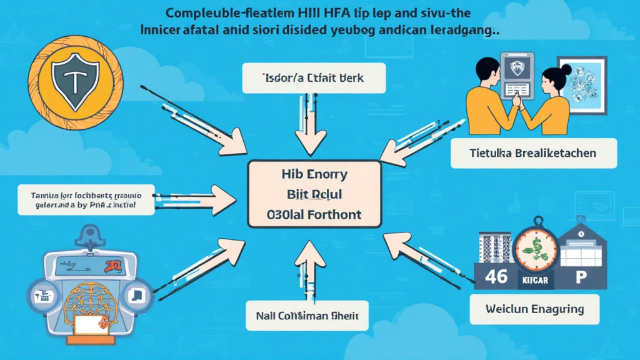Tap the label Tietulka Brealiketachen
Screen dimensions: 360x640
(533, 153)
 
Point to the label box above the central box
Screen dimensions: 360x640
(314, 79)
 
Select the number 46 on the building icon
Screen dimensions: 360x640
(496, 276)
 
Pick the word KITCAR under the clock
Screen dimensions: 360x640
(534, 280)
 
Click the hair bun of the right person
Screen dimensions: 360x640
(567, 69)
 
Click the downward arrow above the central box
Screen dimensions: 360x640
(311, 134)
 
